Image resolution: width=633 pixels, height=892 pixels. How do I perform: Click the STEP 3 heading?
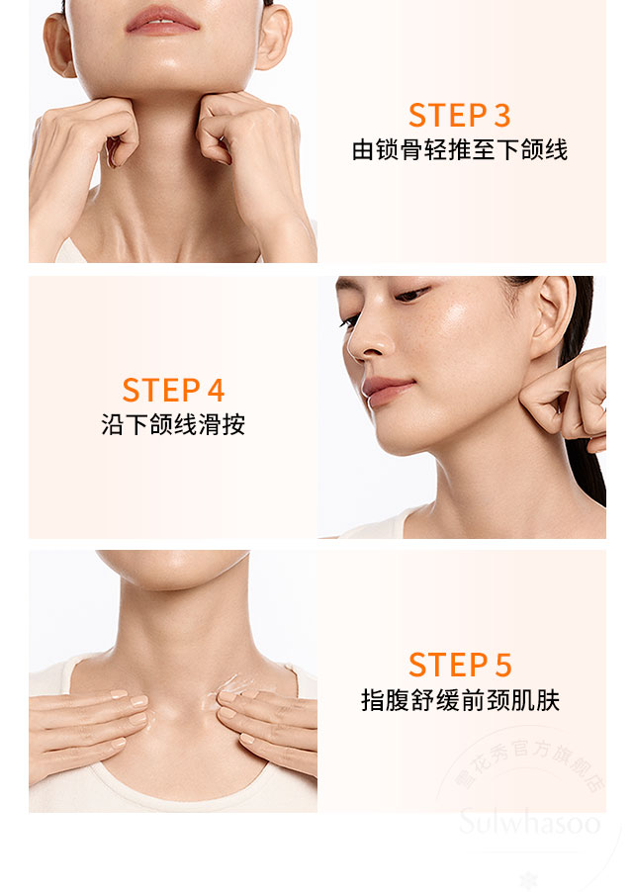460,115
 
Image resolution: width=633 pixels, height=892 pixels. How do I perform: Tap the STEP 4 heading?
173,390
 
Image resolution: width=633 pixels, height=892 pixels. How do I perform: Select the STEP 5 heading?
460,665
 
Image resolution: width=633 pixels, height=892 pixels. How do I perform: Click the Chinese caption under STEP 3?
460,151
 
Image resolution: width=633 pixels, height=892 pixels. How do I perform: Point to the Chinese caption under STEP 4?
173,425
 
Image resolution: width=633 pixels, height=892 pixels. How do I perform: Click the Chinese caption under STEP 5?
460,701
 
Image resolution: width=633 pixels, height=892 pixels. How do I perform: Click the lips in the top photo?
160,19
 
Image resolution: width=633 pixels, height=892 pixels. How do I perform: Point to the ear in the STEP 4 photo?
552,317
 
